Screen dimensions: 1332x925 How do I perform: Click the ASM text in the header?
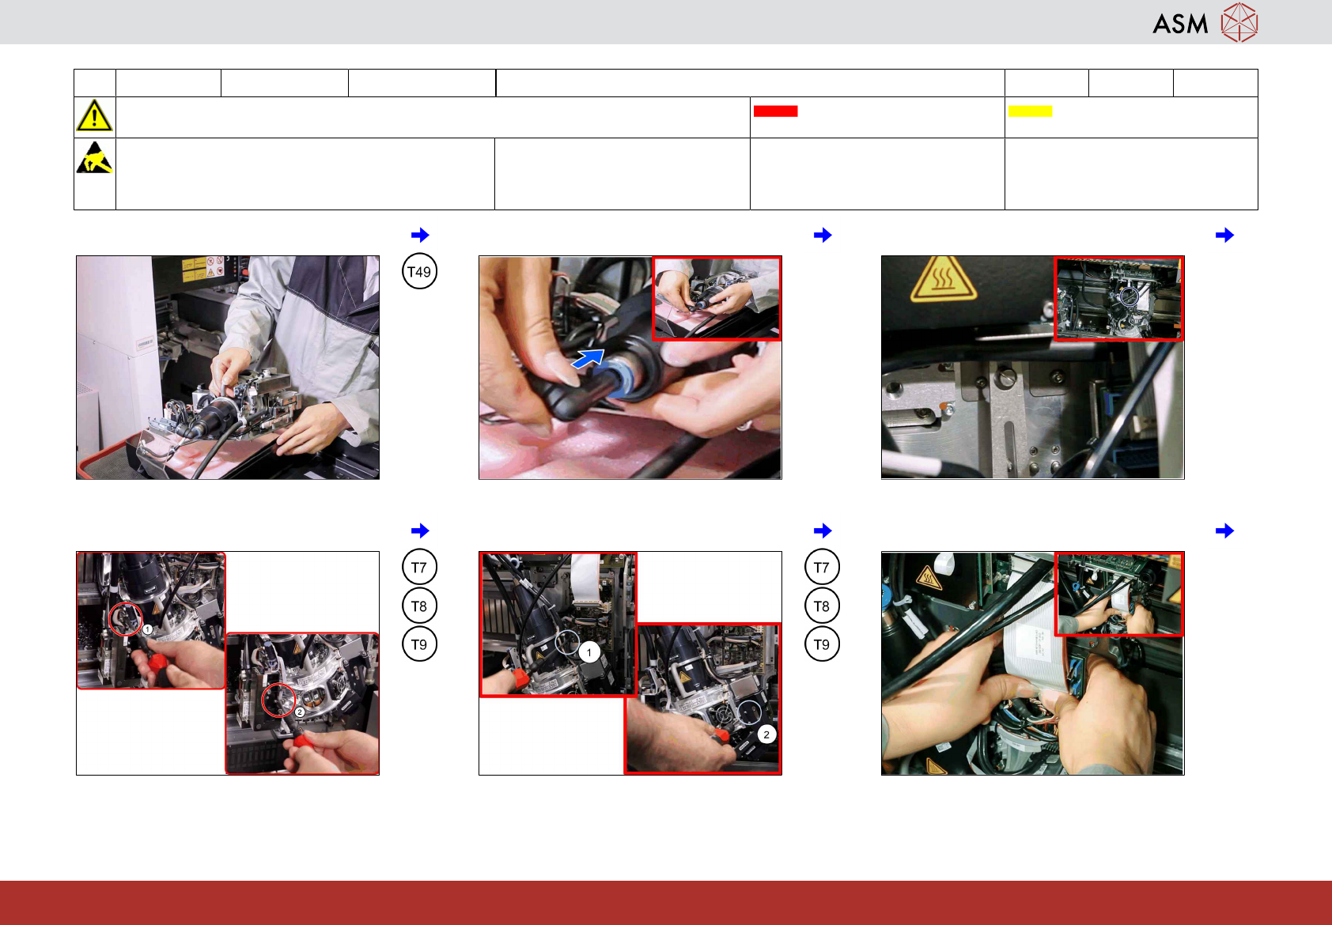click(1180, 25)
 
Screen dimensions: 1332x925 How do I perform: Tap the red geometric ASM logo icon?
click(1239, 23)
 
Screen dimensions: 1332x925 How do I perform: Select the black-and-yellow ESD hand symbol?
click(94, 157)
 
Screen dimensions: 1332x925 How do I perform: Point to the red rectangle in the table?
click(775, 111)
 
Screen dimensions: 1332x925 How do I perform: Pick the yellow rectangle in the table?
click(1030, 111)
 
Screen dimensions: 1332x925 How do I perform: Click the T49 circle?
click(419, 272)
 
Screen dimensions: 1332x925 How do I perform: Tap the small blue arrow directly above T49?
click(420, 235)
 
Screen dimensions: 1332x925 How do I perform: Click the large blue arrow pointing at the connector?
click(588, 358)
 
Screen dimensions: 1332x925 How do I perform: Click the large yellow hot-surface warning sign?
click(943, 278)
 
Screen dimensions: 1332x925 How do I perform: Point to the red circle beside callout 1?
click(126, 620)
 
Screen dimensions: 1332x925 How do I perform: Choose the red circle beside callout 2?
click(278, 700)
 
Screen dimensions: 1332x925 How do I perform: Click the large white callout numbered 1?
click(588, 652)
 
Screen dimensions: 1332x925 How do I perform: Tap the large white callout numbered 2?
click(766, 734)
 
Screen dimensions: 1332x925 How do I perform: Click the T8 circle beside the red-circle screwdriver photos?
click(419, 606)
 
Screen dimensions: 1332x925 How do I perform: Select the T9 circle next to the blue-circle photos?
click(822, 644)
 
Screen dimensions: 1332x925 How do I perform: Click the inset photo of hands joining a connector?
click(717, 298)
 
